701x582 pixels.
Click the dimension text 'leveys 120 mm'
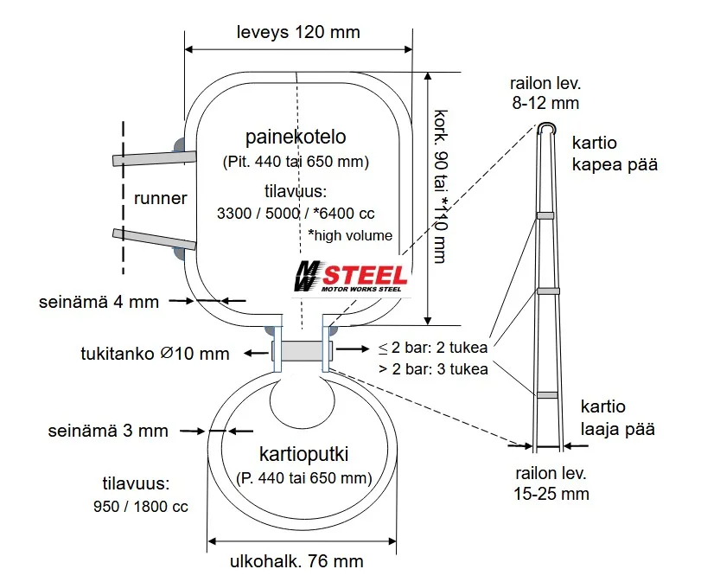298,32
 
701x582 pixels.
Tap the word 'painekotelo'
296,137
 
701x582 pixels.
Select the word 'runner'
161,198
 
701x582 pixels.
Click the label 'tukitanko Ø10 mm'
156,353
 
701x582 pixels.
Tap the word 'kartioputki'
303,454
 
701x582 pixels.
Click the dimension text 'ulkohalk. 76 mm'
296,561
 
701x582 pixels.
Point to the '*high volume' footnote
350,235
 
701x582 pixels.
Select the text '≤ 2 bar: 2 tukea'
433,348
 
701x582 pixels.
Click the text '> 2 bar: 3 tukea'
433,369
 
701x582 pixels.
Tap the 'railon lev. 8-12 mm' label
545,93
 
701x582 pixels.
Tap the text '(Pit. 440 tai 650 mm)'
296,162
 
